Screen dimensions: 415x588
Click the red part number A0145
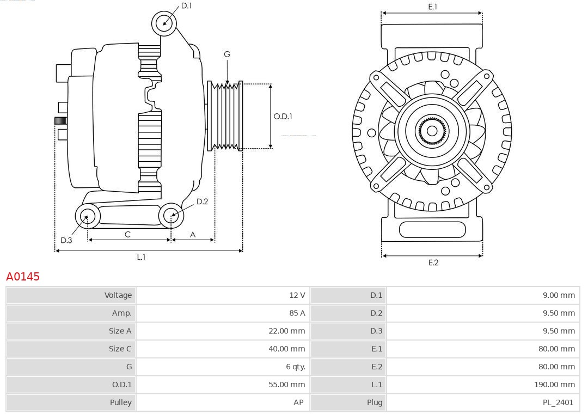pos(23,277)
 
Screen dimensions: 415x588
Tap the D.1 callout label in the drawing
pos(187,5)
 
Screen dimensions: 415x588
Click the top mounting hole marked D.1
pos(164,23)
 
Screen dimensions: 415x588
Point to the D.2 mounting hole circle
pos(171,216)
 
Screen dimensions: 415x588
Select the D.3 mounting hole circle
pos(87,216)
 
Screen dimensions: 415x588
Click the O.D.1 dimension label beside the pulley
pos(283,116)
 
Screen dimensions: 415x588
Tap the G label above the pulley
pos(227,54)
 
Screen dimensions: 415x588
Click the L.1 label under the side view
pos(141,257)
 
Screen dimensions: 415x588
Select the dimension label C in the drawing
pos(127,234)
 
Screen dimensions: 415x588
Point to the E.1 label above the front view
pos(432,7)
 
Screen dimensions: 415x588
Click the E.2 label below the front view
pos(433,263)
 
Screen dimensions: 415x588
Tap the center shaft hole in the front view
pos(432,131)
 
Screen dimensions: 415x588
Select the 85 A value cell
pos(297,313)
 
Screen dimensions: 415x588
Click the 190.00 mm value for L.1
pos(554,385)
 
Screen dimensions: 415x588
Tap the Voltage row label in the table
pos(118,295)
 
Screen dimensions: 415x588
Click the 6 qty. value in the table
pos(296,367)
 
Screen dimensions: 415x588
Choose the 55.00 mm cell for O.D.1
pos(287,385)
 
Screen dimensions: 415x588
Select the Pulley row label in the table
pos(120,402)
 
